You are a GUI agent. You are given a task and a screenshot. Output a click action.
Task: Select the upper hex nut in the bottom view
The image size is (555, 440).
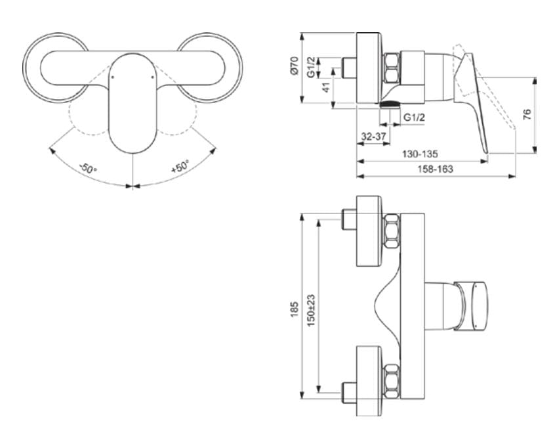coord(392,231)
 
